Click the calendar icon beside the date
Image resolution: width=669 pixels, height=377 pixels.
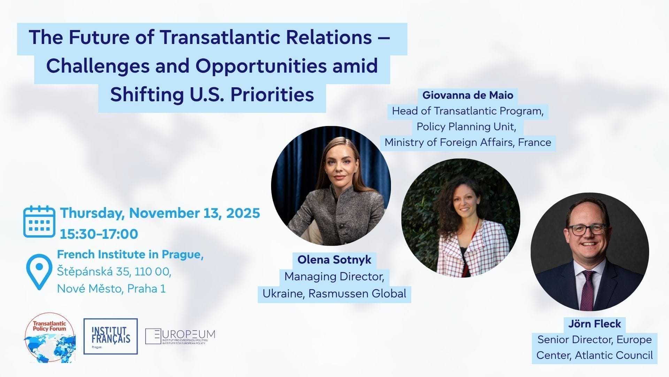(39, 222)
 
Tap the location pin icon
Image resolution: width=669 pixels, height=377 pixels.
(39, 272)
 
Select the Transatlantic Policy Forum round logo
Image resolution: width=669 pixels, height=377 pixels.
(50, 338)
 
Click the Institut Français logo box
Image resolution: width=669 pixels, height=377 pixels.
(110, 336)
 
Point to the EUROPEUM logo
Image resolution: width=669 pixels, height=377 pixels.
(180, 337)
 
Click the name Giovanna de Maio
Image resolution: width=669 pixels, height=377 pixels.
(468, 95)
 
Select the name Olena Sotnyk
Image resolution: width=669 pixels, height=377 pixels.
(334, 260)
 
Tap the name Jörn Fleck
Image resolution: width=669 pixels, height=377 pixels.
(594, 324)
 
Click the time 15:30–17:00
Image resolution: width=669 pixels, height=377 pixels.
(99, 234)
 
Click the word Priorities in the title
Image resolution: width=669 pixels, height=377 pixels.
(272, 94)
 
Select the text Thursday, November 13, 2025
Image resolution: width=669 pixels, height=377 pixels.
(160, 213)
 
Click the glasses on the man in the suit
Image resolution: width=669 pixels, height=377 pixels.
(587, 229)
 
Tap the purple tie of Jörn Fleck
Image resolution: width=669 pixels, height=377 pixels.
(588, 289)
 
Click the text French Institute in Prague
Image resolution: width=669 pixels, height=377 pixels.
(130, 254)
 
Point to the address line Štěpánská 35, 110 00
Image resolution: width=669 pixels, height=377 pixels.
(114, 272)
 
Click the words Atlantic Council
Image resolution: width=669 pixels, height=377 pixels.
(614, 355)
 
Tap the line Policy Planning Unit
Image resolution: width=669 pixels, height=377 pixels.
(466, 126)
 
